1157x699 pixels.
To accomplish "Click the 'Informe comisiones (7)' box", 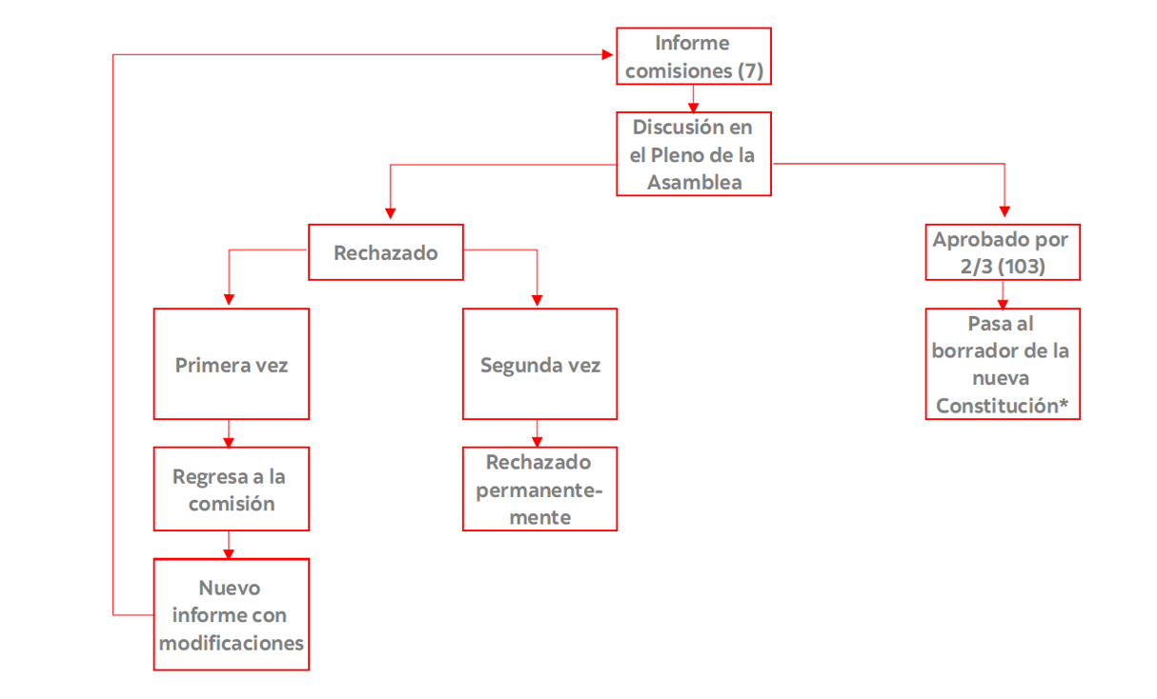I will (x=693, y=56).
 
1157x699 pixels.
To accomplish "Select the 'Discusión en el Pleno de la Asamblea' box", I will (x=693, y=154).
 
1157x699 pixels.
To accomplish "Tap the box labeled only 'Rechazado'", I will (x=386, y=252).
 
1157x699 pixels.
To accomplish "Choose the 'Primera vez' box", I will (x=232, y=365).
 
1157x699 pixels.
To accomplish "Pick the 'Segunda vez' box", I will (x=540, y=365).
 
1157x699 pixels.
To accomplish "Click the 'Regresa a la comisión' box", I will (x=232, y=489).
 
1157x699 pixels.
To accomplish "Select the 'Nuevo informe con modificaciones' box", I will (x=232, y=615).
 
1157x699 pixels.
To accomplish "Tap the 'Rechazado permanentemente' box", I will (x=540, y=489).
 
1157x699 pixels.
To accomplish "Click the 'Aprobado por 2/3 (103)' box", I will (x=1003, y=252).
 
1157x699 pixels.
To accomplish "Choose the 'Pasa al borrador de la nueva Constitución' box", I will (x=1003, y=365).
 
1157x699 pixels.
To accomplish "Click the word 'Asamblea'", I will (x=694, y=182).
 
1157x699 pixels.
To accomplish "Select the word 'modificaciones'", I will (x=232, y=643).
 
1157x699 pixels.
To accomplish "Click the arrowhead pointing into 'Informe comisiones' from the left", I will (x=609, y=55).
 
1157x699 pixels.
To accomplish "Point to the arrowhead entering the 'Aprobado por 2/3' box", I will (x=1004, y=217).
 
